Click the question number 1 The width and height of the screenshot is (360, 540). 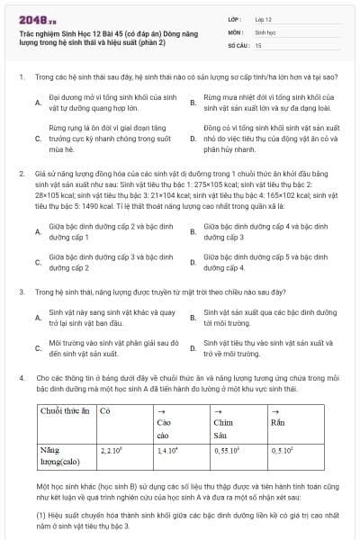[21, 78]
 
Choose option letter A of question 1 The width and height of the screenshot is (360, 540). [38, 103]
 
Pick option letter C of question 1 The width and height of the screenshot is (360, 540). [38, 139]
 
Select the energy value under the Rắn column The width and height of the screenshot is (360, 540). [285, 448]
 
